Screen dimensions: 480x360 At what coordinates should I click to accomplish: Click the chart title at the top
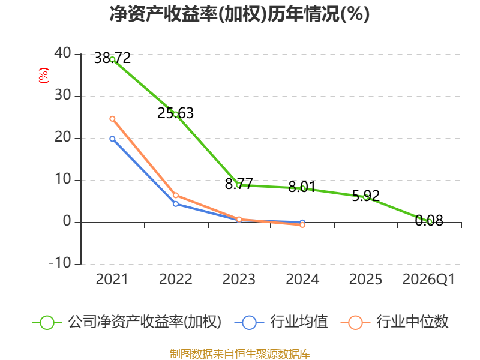coord(239,14)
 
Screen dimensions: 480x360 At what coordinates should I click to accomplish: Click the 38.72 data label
coord(112,58)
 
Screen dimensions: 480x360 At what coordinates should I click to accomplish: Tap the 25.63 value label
coord(175,113)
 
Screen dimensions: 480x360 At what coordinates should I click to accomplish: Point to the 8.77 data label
coord(239,184)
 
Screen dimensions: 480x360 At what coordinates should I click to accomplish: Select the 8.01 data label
coord(302,187)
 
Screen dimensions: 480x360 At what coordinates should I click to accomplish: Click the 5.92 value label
coord(365,196)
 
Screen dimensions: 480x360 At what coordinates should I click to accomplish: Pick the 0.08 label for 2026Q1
coord(429,220)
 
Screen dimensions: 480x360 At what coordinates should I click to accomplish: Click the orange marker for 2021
coord(112,119)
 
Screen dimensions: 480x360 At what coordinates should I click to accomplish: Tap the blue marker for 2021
coord(112,139)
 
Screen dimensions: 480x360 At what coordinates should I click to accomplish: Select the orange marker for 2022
coord(176,196)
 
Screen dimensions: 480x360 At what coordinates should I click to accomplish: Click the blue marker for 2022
coord(176,204)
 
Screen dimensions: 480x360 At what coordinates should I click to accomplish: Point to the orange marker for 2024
coord(302,225)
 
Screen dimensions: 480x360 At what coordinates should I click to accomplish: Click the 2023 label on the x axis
coord(239,279)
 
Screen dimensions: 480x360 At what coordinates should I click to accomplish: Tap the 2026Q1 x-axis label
coord(428,279)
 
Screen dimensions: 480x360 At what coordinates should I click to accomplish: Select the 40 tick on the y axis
coord(63,53)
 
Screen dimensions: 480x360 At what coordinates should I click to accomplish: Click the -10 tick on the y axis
coord(60,263)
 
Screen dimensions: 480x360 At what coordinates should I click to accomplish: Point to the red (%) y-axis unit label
coord(44,76)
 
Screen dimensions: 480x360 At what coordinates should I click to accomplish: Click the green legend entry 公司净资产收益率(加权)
coord(127,322)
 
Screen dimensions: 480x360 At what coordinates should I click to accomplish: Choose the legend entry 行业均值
coord(281,322)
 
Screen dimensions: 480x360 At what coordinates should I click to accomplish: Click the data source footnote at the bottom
coord(240,354)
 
